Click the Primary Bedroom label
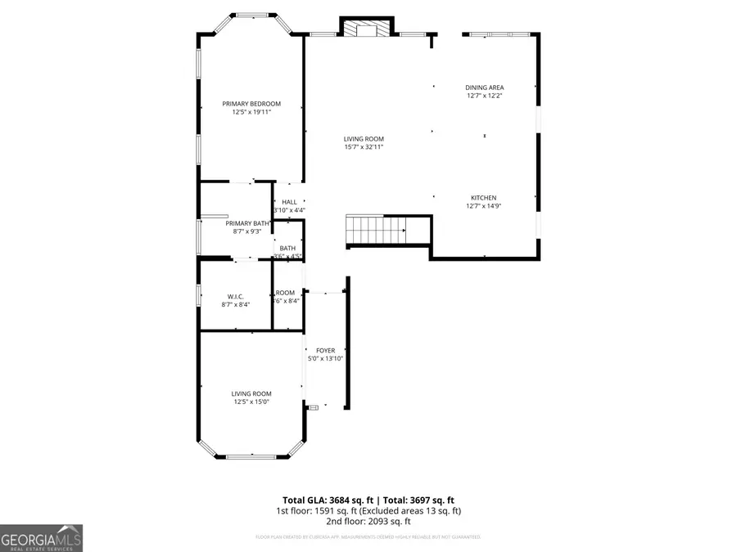click(x=251, y=104)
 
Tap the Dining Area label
click(x=484, y=88)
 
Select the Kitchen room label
click(x=483, y=198)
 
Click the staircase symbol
click(x=377, y=230)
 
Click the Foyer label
click(x=325, y=351)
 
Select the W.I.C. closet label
click(x=235, y=296)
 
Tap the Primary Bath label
click(x=247, y=223)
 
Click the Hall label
click(x=289, y=203)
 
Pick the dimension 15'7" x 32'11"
click(x=364, y=147)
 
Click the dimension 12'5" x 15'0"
click(x=251, y=402)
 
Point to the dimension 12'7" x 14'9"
click(x=483, y=206)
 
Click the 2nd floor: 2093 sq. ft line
click(x=368, y=521)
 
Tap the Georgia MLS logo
click(x=42, y=539)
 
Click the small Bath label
click(x=287, y=249)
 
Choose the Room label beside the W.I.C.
click(x=285, y=293)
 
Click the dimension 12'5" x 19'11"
click(x=251, y=112)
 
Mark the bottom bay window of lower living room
click(x=251, y=456)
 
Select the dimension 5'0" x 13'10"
click(x=325, y=358)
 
